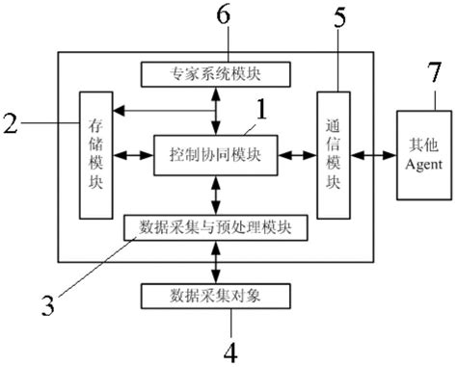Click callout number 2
(x=11, y=122)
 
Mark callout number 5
(x=338, y=17)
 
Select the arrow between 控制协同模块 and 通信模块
(x=298, y=154)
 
